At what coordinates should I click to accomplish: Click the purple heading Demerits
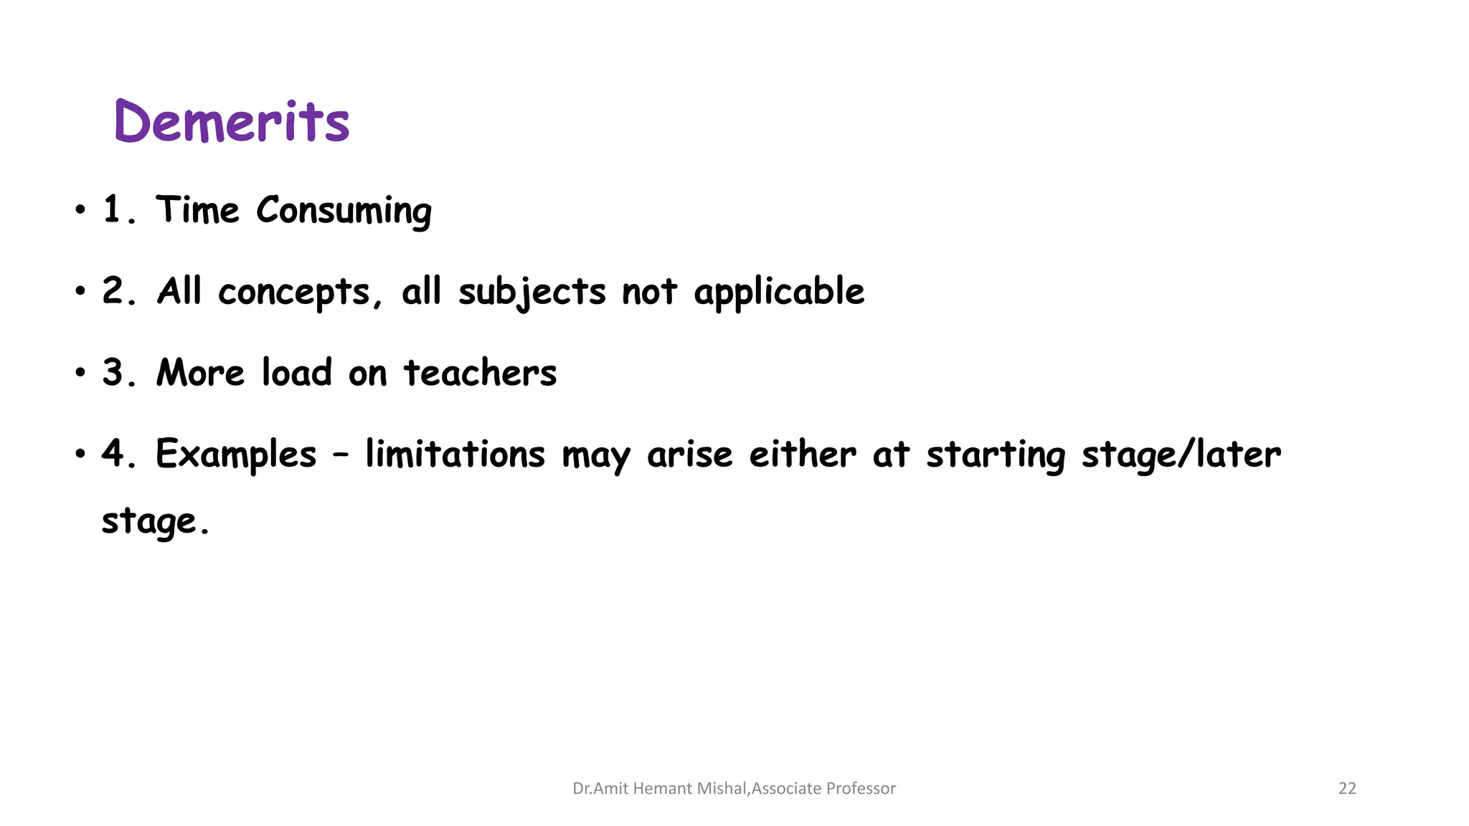point(232,121)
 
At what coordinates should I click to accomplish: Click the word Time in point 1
point(197,210)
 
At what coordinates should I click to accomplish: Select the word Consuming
point(344,212)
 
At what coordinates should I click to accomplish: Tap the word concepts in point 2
point(293,293)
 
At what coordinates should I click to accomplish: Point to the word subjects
point(532,293)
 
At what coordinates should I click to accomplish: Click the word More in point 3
point(200,373)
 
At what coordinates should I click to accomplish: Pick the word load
point(296,373)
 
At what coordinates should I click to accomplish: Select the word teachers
point(480,373)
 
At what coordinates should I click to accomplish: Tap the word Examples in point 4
point(236,454)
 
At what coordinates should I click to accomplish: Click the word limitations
point(455,454)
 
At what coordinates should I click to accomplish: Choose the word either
point(802,454)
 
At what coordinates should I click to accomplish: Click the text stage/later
point(1181,454)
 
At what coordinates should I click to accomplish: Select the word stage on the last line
point(148,521)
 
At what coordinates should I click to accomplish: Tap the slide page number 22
point(1347,789)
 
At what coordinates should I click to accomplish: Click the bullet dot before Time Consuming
point(80,211)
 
